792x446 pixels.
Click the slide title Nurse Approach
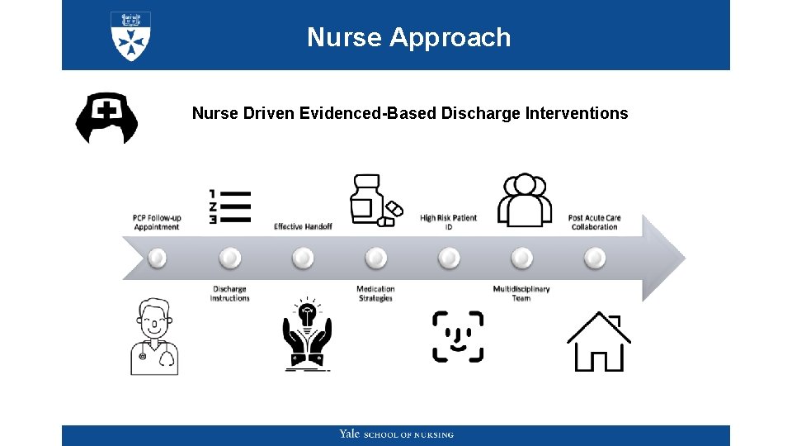(x=408, y=37)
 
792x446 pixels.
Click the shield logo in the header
(x=130, y=36)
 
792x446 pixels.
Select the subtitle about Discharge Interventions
(x=410, y=113)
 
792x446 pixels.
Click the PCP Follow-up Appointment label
(x=157, y=222)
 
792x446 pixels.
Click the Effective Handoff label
(x=303, y=226)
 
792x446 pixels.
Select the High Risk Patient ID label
(x=449, y=222)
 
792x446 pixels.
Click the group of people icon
(x=525, y=200)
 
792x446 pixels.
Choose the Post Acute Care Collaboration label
(x=594, y=222)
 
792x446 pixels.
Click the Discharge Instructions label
(x=229, y=293)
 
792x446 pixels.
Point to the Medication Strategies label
(x=375, y=293)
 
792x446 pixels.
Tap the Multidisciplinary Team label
(x=521, y=293)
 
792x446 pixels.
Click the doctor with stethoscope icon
(x=154, y=337)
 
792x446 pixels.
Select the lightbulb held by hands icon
(x=307, y=334)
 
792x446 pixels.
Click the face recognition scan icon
(x=458, y=336)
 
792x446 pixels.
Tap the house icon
(x=598, y=341)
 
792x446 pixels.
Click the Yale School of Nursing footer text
(x=396, y=434)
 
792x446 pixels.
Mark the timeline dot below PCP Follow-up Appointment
(x=157, y=259)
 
